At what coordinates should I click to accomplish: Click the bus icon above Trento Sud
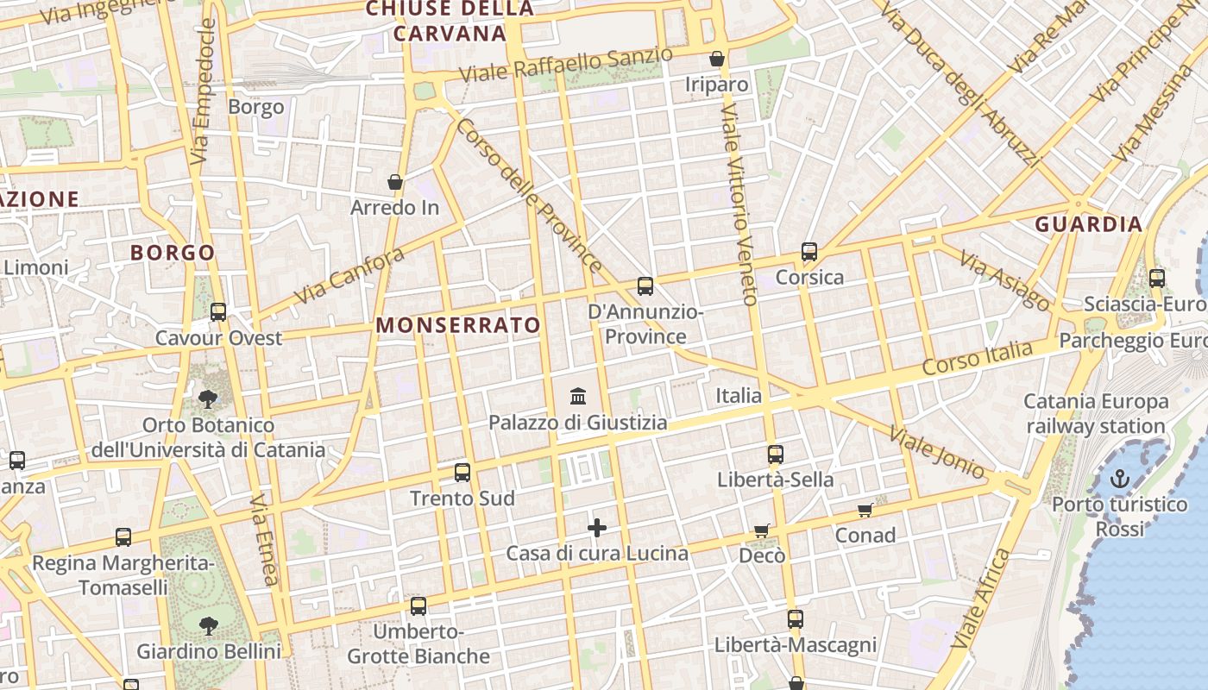[462, 473]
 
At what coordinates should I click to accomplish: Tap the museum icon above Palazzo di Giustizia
[578, 397]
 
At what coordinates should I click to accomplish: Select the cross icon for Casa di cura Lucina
[597, 528]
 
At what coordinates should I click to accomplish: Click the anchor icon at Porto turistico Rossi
[1119, 479]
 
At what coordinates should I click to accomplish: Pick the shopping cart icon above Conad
[865, 510]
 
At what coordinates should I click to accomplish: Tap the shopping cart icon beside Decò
[761, 530]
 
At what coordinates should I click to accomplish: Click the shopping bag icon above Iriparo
[716, 59]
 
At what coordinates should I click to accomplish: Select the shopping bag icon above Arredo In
[395, 182]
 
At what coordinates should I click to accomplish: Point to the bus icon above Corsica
[808, 252]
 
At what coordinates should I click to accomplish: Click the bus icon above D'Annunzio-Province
[645, 286]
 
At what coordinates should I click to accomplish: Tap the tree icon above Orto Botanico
[207, 398]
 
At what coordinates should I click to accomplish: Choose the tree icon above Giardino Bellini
[208, 625]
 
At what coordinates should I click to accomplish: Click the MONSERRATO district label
[458, 325]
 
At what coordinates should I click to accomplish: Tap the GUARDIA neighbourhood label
[1088, 224]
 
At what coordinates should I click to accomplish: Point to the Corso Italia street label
[977, 357]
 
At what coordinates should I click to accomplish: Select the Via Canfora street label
[349, 276]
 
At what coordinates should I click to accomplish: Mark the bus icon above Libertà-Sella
[776, 455]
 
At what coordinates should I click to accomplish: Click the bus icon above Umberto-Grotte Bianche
[418, 606]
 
